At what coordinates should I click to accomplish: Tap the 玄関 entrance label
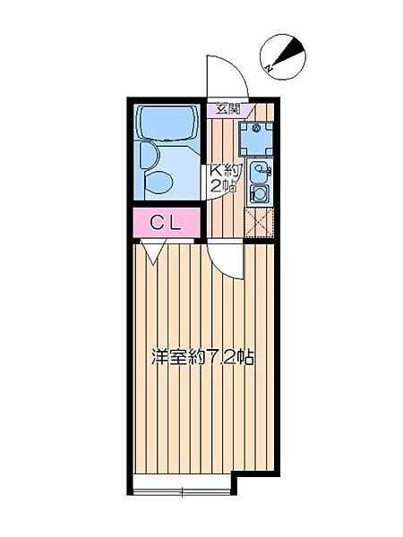(228, 109)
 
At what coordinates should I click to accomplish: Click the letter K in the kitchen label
(216, 170)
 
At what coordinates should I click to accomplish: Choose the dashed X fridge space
(259, 223)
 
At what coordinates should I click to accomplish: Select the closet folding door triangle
(150, 254)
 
